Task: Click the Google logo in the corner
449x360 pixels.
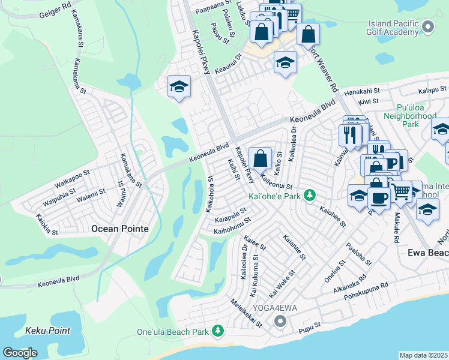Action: [20, 353]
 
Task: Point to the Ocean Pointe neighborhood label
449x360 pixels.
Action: [119, 229]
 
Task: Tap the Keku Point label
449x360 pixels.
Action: [48, 331]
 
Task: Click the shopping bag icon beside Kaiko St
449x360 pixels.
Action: [261, 160]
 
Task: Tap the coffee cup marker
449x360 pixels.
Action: [378, 198]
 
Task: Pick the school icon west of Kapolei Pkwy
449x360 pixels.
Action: [179, 87]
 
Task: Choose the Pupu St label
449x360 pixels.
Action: [310, 330]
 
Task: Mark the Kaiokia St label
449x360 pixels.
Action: [46, 224]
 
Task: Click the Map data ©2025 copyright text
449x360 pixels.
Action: [424, 355]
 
